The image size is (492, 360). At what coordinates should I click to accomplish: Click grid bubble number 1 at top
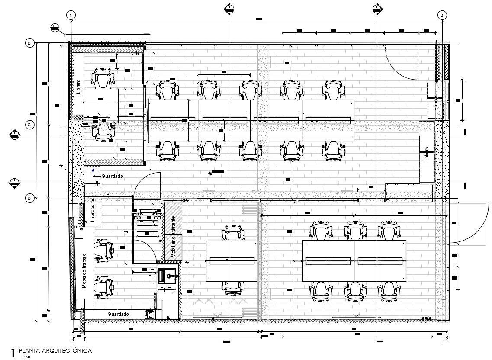pyautogui.click(x=71, y=16)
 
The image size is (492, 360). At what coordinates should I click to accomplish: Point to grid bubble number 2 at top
pyautogui.click(x=441, y=16)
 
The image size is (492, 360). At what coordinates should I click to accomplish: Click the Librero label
pyautogui.click(x=78, y=87)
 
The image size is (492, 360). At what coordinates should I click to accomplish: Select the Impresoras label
pyautogui.click(x=92, y=210)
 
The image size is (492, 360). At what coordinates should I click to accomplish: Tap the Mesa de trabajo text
pyautogui.click(x=85, y=271)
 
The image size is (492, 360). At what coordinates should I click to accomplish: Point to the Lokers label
pyautogui.click(x=427, y=157)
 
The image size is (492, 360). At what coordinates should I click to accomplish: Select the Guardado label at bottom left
pyautogui.click(x=118, y=314)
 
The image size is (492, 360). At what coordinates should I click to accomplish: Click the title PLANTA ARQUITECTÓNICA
pyautogui.click(x=55, y=350)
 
